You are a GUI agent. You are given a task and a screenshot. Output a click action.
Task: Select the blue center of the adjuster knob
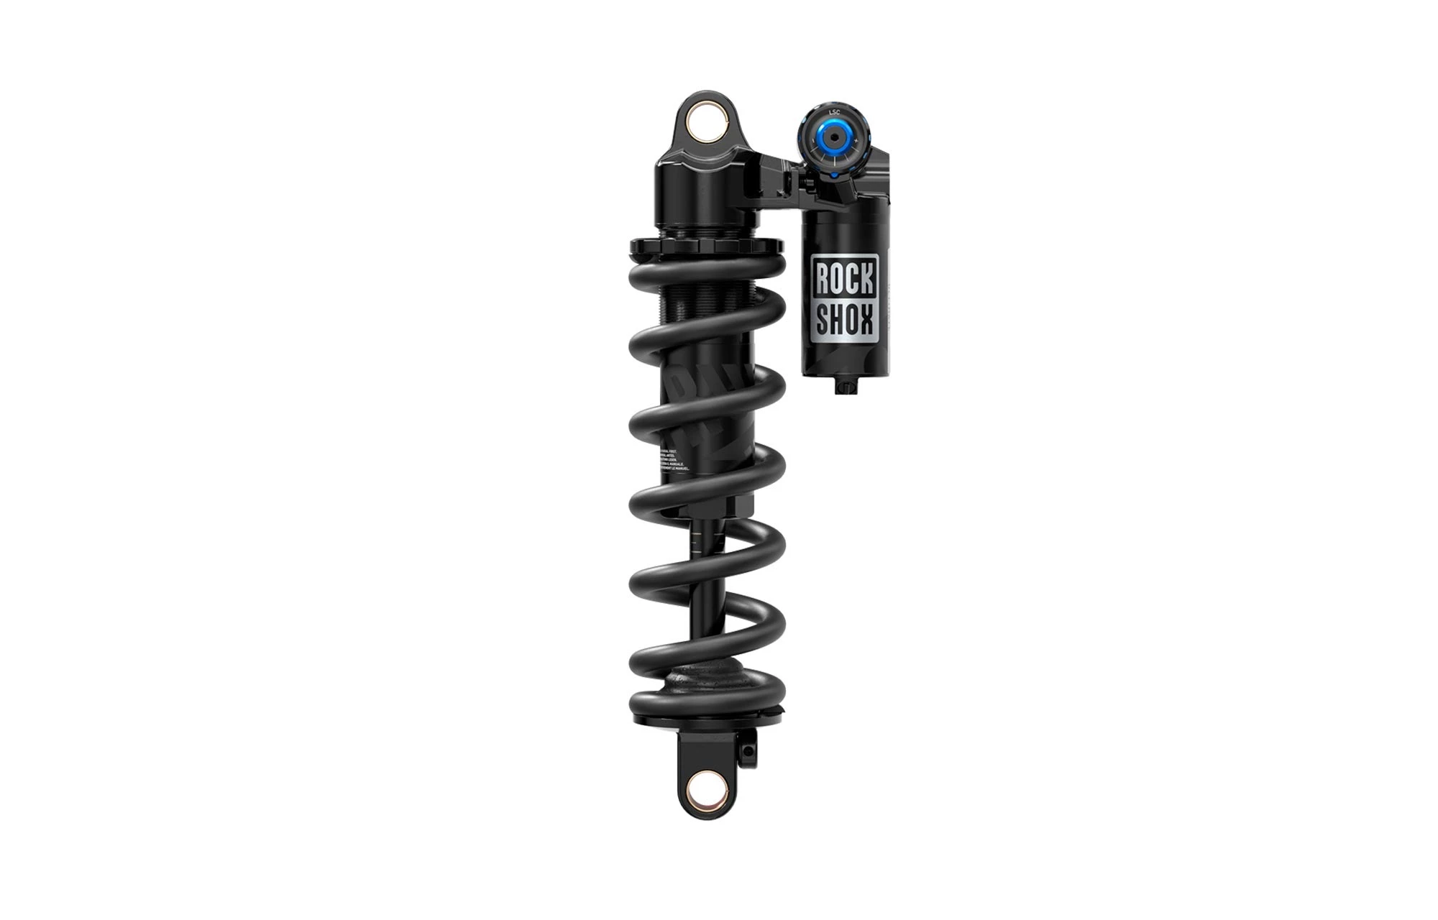point(834,137)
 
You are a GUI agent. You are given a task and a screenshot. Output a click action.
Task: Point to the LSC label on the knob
point(834,113)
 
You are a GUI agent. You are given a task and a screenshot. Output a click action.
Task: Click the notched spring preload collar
point(705,247)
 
